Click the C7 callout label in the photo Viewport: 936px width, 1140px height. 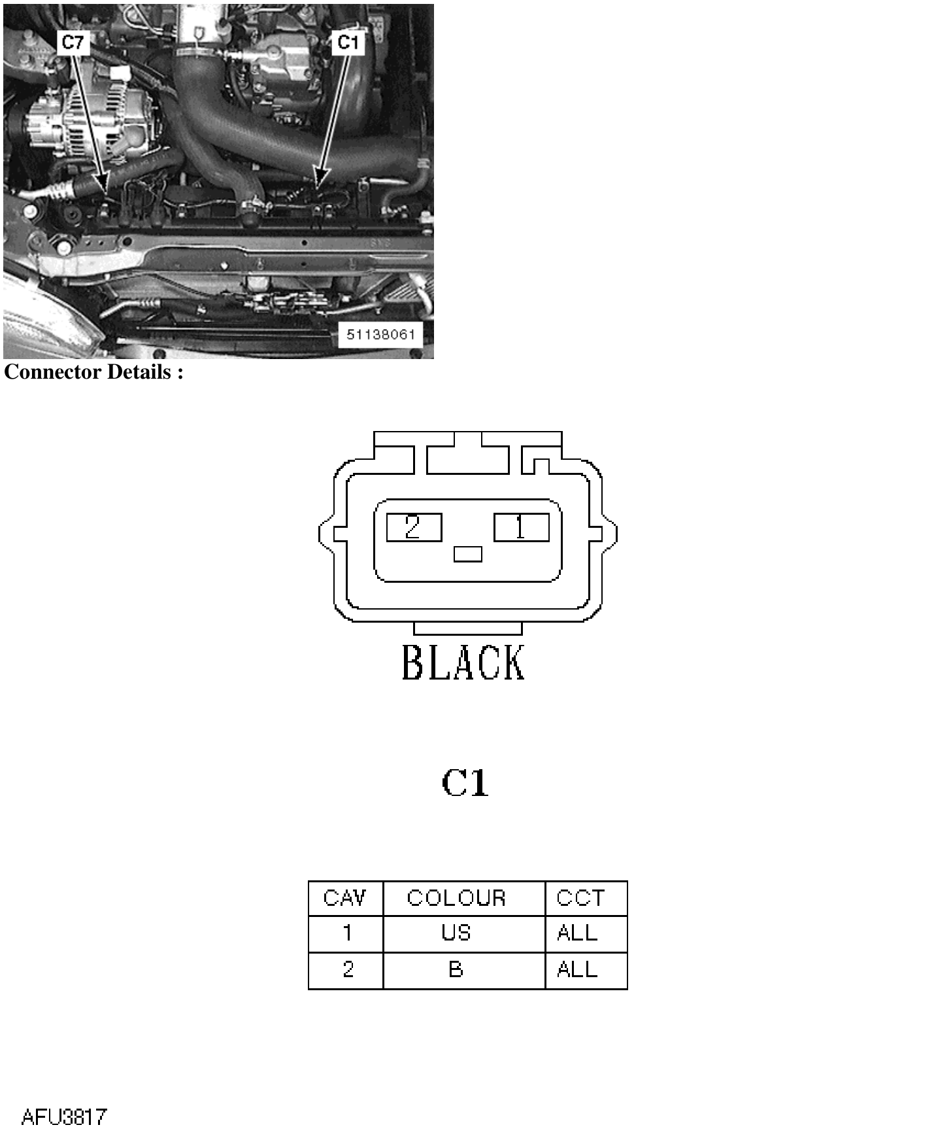pyautogui.click(x=73, y=43)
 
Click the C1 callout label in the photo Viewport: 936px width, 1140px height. pyautogui.click(x=348, y=43)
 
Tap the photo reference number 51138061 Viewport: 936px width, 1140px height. pyautogui.click(x=380, y=334)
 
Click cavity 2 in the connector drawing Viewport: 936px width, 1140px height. pyautogui.click(x=414, y=527)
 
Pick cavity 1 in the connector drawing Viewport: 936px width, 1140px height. pyautogui.click(x=521, y=527)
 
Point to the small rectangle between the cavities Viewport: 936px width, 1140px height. pyautogui.click(x=467, y=554)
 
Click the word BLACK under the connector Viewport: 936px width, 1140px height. pyautogui.click(x=463, y=662)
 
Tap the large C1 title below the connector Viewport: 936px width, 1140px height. pyautogui.click(x=465, y=782)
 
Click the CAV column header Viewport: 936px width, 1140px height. pyautogui.click(x=344, y=897)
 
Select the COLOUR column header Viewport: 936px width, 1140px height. pyautogui.click(x=456, y=897)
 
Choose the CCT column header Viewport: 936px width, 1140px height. pyautogui.click(x=580, y=897)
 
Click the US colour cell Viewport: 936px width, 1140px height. pyautogui.click(x=456, y=933)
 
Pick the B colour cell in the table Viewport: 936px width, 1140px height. pyautogui.click(x=456, y=969)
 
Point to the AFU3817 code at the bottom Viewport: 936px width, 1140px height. pyautogui.click(x=63, y=1116)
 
